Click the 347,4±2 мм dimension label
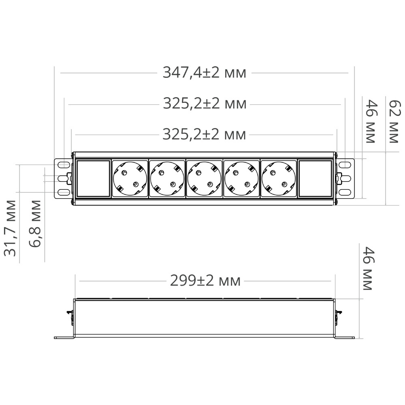[204, 73]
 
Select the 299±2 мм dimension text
[205, 281]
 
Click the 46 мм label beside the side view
[367, 268]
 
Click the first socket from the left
[130, 179]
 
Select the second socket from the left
[167, 179]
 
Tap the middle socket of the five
[204, 179]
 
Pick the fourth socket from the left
[241, 179]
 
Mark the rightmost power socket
[279, 179]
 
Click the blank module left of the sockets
[93, 179]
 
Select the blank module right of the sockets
[315, 179]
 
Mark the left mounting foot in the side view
[64, 337]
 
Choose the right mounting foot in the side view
[344, 337]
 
